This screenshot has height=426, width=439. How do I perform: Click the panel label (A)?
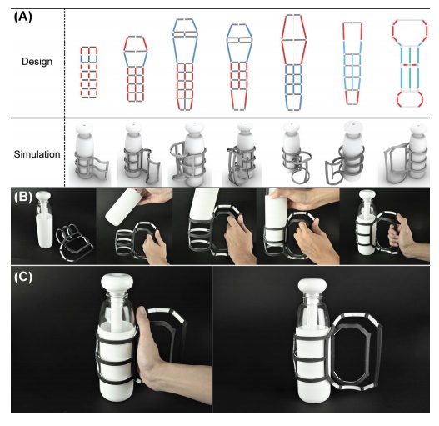[23, 18]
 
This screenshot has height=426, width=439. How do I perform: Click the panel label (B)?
[23, 197]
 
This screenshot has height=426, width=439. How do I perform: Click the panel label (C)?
[23, 277]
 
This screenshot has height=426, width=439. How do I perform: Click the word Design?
[37, 62]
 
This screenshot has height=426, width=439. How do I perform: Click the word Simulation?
[37, 154]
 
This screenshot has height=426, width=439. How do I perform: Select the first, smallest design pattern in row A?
[89, 73]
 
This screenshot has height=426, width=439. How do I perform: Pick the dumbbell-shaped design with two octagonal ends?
[410, 63]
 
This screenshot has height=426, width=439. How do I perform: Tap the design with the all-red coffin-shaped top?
[294, 63]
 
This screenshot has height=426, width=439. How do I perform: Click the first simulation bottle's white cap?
[85, 128]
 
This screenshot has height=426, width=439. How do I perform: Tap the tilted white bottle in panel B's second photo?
[124, 206]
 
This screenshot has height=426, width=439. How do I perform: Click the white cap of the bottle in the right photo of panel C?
[312, 286]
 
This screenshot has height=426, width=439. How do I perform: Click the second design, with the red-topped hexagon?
[136, 68]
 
